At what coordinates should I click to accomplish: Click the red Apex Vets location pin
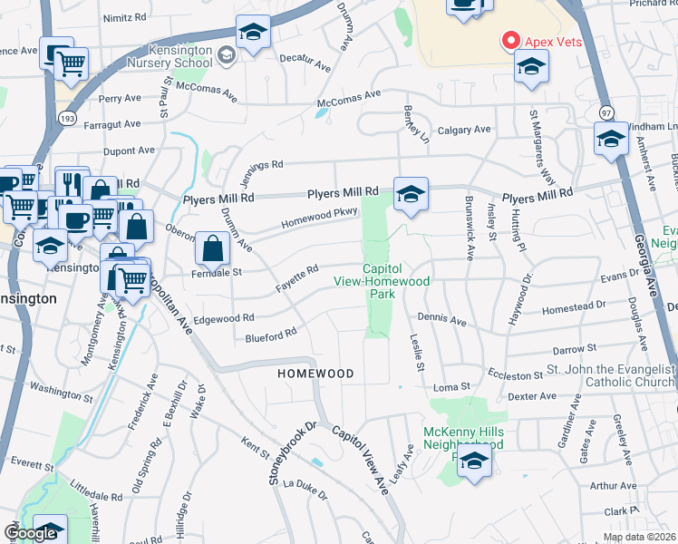click(510, 41)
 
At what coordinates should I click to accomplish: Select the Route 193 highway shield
click(65, 118)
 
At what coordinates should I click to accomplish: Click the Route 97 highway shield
click(606, 111)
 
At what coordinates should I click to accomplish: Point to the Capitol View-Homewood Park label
click(395, 281)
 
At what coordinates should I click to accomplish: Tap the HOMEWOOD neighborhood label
click(315, 374)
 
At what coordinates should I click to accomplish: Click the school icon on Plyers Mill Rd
click(411, 194)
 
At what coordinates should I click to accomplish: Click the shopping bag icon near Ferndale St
click(211, 247)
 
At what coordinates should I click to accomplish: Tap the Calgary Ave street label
click(463, 130)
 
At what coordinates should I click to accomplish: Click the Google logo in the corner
click(30, 533)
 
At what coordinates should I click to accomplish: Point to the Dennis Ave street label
click(441, 320)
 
